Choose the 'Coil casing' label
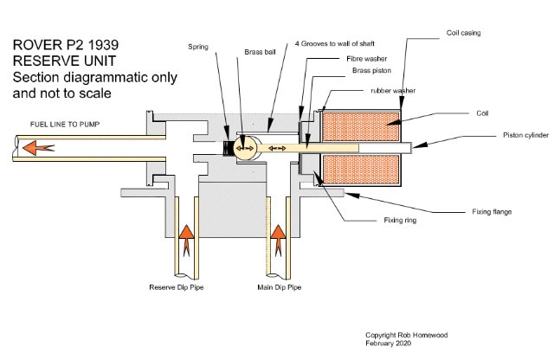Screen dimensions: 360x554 click(465, 32)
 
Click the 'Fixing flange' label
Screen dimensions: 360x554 click(490, 210)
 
